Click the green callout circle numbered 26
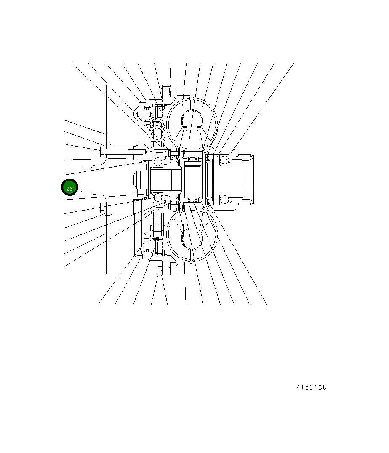pos(69,188)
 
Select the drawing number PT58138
pos(311,387)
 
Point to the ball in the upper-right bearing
pos(224,160)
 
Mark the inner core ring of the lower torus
pos(192,238)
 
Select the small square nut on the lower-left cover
pos(139,256)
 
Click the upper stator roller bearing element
pos(194,159)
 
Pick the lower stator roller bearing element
pos(194,199)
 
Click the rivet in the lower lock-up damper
pos(155,228)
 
